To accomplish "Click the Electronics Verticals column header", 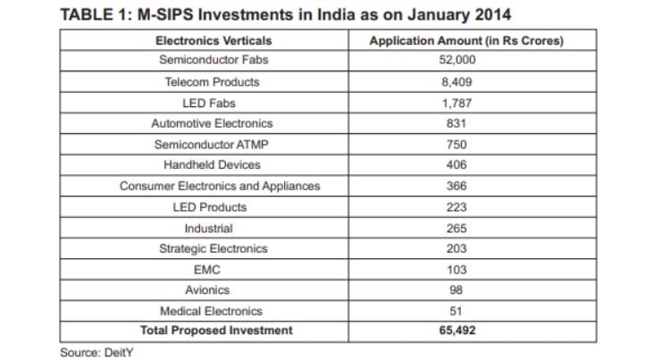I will [213, 40].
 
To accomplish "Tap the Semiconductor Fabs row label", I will [213, 61].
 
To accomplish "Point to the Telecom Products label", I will [213, 82].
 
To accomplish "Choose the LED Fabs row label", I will [213, 103].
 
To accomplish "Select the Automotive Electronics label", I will [213, 123].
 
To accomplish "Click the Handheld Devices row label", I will [213, 165].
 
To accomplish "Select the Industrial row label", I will [213, 228].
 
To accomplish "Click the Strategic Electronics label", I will [213, 248].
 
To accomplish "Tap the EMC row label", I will [213, 269].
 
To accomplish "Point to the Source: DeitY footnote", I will [95, 352].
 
